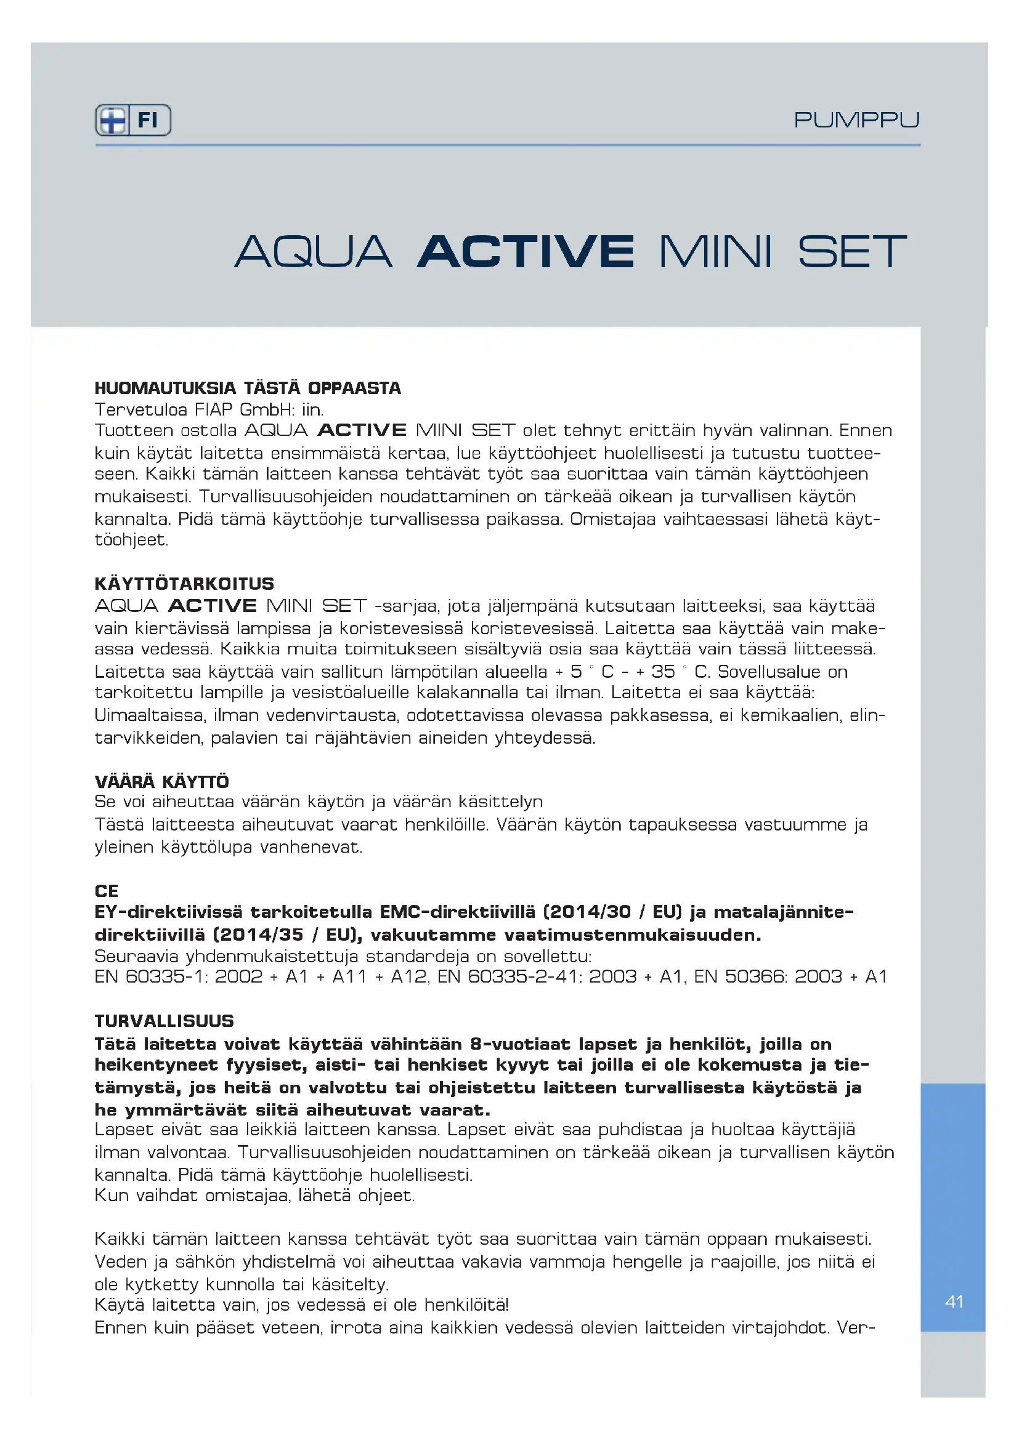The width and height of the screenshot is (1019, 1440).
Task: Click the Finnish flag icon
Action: (x=112, y=120)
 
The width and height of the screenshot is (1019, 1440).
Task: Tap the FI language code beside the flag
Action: (x=148, y=120)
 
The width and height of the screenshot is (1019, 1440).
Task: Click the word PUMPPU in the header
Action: (x=856, y=120)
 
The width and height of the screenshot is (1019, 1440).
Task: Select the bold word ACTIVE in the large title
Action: (x=525, y=252)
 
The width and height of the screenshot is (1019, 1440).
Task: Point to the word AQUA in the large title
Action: (x=314, y=252)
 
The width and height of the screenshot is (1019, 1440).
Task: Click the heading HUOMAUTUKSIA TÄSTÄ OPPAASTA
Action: (x=248, y=388)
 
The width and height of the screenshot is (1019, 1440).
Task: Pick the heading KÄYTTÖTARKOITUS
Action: (x=184, y=584)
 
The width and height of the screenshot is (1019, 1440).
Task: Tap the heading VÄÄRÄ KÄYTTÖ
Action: (x=162, y=782)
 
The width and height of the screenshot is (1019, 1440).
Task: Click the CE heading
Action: (x=107, y=891)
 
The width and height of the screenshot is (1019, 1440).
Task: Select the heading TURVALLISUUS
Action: (x=164, y=1021)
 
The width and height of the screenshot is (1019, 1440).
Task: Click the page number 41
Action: (x=954, y=1302)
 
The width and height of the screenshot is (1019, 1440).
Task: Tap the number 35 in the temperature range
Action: (x=664, y=672)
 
